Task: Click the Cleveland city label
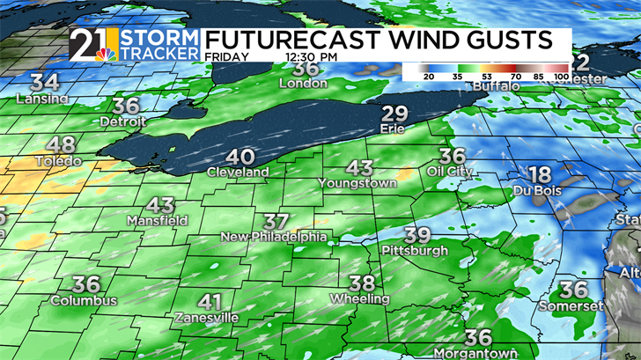[238, 173]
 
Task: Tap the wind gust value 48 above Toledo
[61, 146]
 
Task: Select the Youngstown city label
[358, 183]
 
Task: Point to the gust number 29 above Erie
[395, 113]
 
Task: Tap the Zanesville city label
[206, 317]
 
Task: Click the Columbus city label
[83, 301]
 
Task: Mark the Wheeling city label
[359, 299]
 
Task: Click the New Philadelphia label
[274, 238]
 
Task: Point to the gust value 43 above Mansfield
[160, 205]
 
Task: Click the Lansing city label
[42, 99]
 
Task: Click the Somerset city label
[573, 306]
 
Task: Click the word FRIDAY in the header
[226, 55]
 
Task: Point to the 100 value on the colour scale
[560, 77]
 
